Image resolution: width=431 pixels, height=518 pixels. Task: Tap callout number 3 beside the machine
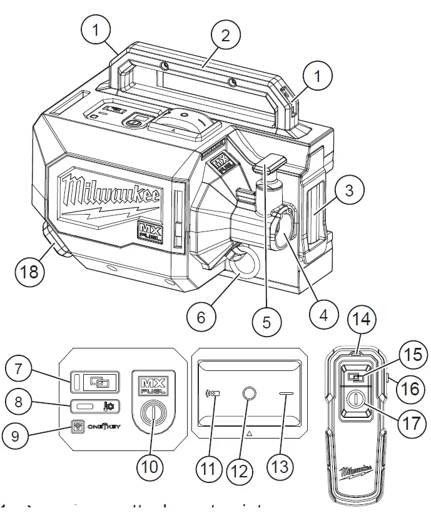pos(350,190)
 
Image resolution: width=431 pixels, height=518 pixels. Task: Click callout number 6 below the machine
pos(201,317)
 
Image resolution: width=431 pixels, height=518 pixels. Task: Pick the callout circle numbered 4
pos(323,316)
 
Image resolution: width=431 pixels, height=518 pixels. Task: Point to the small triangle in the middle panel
pos(250,433)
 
